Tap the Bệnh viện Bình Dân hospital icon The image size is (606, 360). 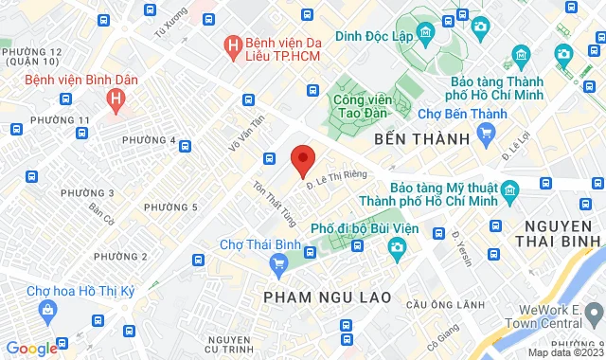116,98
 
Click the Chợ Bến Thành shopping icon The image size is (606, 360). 486,134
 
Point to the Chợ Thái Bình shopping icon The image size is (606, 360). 278,262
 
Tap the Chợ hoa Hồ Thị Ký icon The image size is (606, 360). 46,309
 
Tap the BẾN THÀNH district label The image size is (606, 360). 421,139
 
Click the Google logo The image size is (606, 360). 30,348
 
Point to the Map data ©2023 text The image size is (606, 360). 564,352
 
